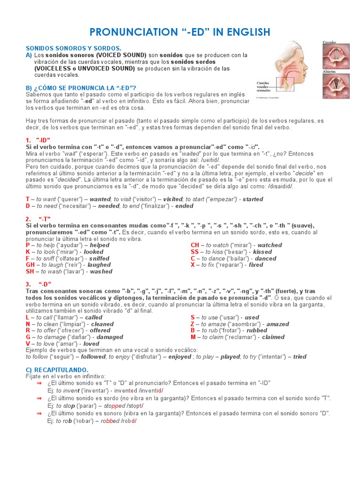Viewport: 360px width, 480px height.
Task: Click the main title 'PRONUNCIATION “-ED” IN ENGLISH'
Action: point(180,32)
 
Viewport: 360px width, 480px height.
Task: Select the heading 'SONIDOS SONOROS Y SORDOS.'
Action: point(73,48)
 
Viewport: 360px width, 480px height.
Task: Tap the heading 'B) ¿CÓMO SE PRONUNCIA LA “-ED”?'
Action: point(81,88)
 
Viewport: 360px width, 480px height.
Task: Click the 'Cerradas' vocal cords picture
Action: point(336,56)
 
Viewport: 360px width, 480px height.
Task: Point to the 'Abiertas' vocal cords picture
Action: point(336,85)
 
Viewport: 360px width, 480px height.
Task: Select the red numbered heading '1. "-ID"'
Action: point(38,140)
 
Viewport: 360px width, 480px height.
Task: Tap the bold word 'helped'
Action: point(99,245)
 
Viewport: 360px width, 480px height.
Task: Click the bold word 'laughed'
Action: point(96,265)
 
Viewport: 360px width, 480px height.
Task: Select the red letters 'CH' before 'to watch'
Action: point(195,245)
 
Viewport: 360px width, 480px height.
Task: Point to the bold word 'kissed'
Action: point(262,252)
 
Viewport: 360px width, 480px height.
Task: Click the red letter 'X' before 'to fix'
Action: point(193,265)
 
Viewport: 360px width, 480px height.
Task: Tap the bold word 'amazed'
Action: point(277,324)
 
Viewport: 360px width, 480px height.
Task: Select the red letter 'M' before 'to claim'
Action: point(193,337)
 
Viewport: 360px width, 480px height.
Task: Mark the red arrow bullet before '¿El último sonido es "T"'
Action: point(39,383)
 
